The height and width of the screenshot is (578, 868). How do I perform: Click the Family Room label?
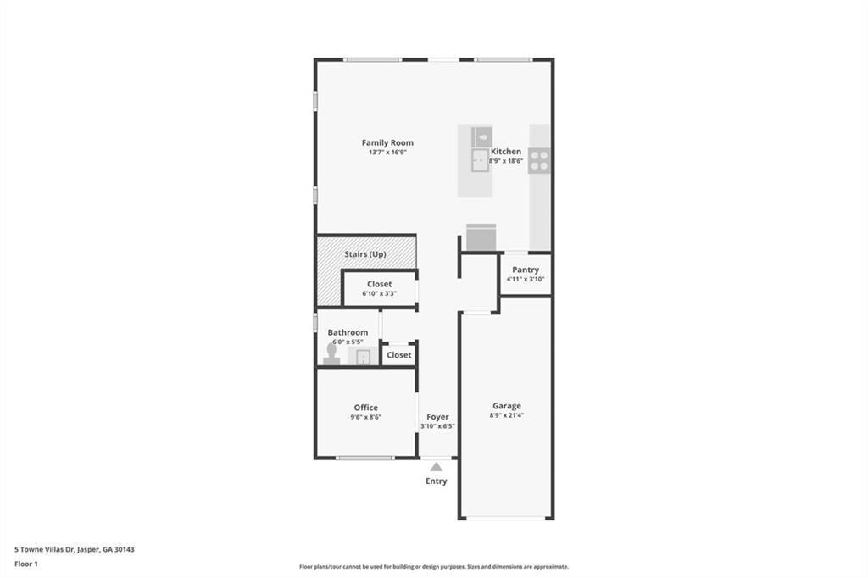(x=387, y=142)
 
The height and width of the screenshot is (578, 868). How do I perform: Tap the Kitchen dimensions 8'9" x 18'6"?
(x=506, y=160)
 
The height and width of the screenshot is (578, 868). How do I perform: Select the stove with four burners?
(x=539, y=160)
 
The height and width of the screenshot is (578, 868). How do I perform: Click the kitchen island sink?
(x=481, y=160)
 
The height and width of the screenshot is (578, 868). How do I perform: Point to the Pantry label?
(x=526, y=270)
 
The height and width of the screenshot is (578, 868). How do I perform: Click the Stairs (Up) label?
(x=365, y=254)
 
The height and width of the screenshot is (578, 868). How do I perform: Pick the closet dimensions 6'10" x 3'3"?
(x=379, y=293)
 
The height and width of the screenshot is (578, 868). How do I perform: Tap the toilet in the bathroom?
(x=331, y=354)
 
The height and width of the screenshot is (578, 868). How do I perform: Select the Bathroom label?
(x=348, y=332)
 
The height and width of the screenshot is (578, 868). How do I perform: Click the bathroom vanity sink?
(x=364, y=357)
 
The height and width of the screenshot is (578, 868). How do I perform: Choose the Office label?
(x=366, y=408)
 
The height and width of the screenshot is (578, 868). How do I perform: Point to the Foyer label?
(x=437, y=417)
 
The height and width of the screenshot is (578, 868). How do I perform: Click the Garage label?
(x=507, y=406)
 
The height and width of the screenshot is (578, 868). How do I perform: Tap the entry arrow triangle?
(x=436, y=466)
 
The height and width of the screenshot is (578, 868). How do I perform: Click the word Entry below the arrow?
(x=436, y=481)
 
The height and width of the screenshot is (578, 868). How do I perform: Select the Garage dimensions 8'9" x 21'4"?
(x=507, y=415)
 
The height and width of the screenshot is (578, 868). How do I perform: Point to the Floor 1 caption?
(x=27, y=563)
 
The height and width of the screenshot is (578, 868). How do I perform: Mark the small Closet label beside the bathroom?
(x=398, y=355)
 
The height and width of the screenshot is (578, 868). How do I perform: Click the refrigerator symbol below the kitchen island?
(x=481, y=237)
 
